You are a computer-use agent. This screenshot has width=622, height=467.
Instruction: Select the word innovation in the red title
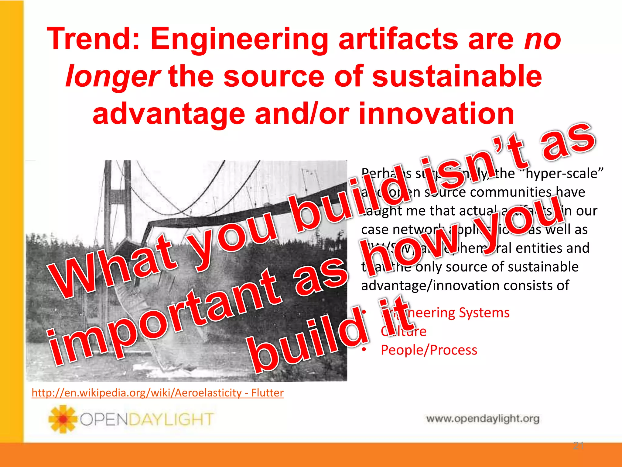(436, 114)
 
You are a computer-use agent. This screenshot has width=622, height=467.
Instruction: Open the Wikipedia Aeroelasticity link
(157, 393)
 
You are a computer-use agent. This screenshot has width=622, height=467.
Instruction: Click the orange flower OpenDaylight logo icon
(63, 419)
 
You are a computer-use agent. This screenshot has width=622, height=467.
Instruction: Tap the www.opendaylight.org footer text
(483, 419)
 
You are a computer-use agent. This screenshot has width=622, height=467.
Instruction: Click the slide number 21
(578, 446)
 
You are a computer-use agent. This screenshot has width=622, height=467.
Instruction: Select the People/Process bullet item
(429, 350)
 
